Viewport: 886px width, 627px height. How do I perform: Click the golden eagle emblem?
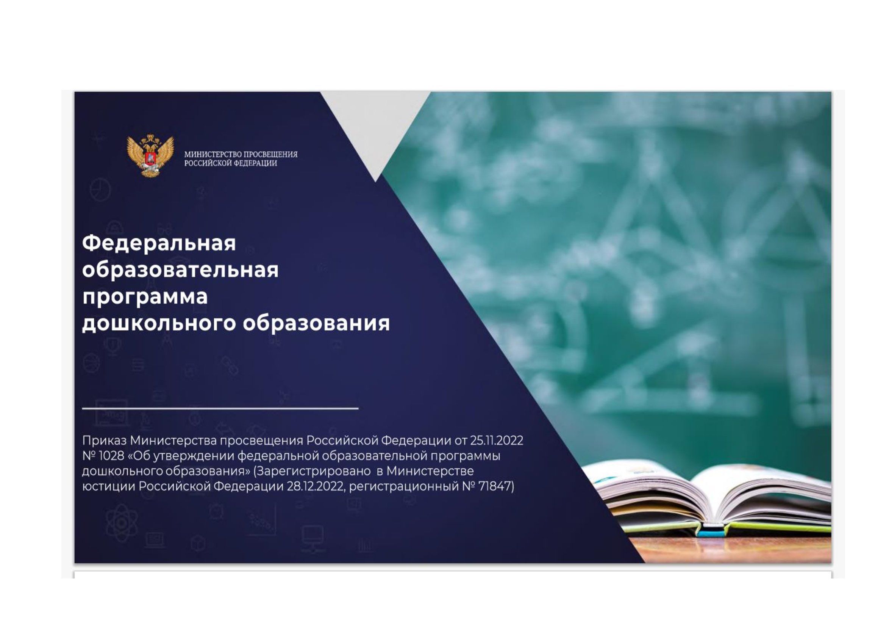point(150,155)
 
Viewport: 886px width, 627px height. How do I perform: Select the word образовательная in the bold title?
point(180,270)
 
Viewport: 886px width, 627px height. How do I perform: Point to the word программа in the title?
point(145,298)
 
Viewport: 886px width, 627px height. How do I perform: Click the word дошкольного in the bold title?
point(159,323)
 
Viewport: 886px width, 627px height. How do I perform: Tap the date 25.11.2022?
point(496,440)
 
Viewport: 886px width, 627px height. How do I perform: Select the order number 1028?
point(111,456)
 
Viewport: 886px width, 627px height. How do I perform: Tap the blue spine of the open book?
point(712,534)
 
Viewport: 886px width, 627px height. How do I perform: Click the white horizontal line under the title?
point(220,408)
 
